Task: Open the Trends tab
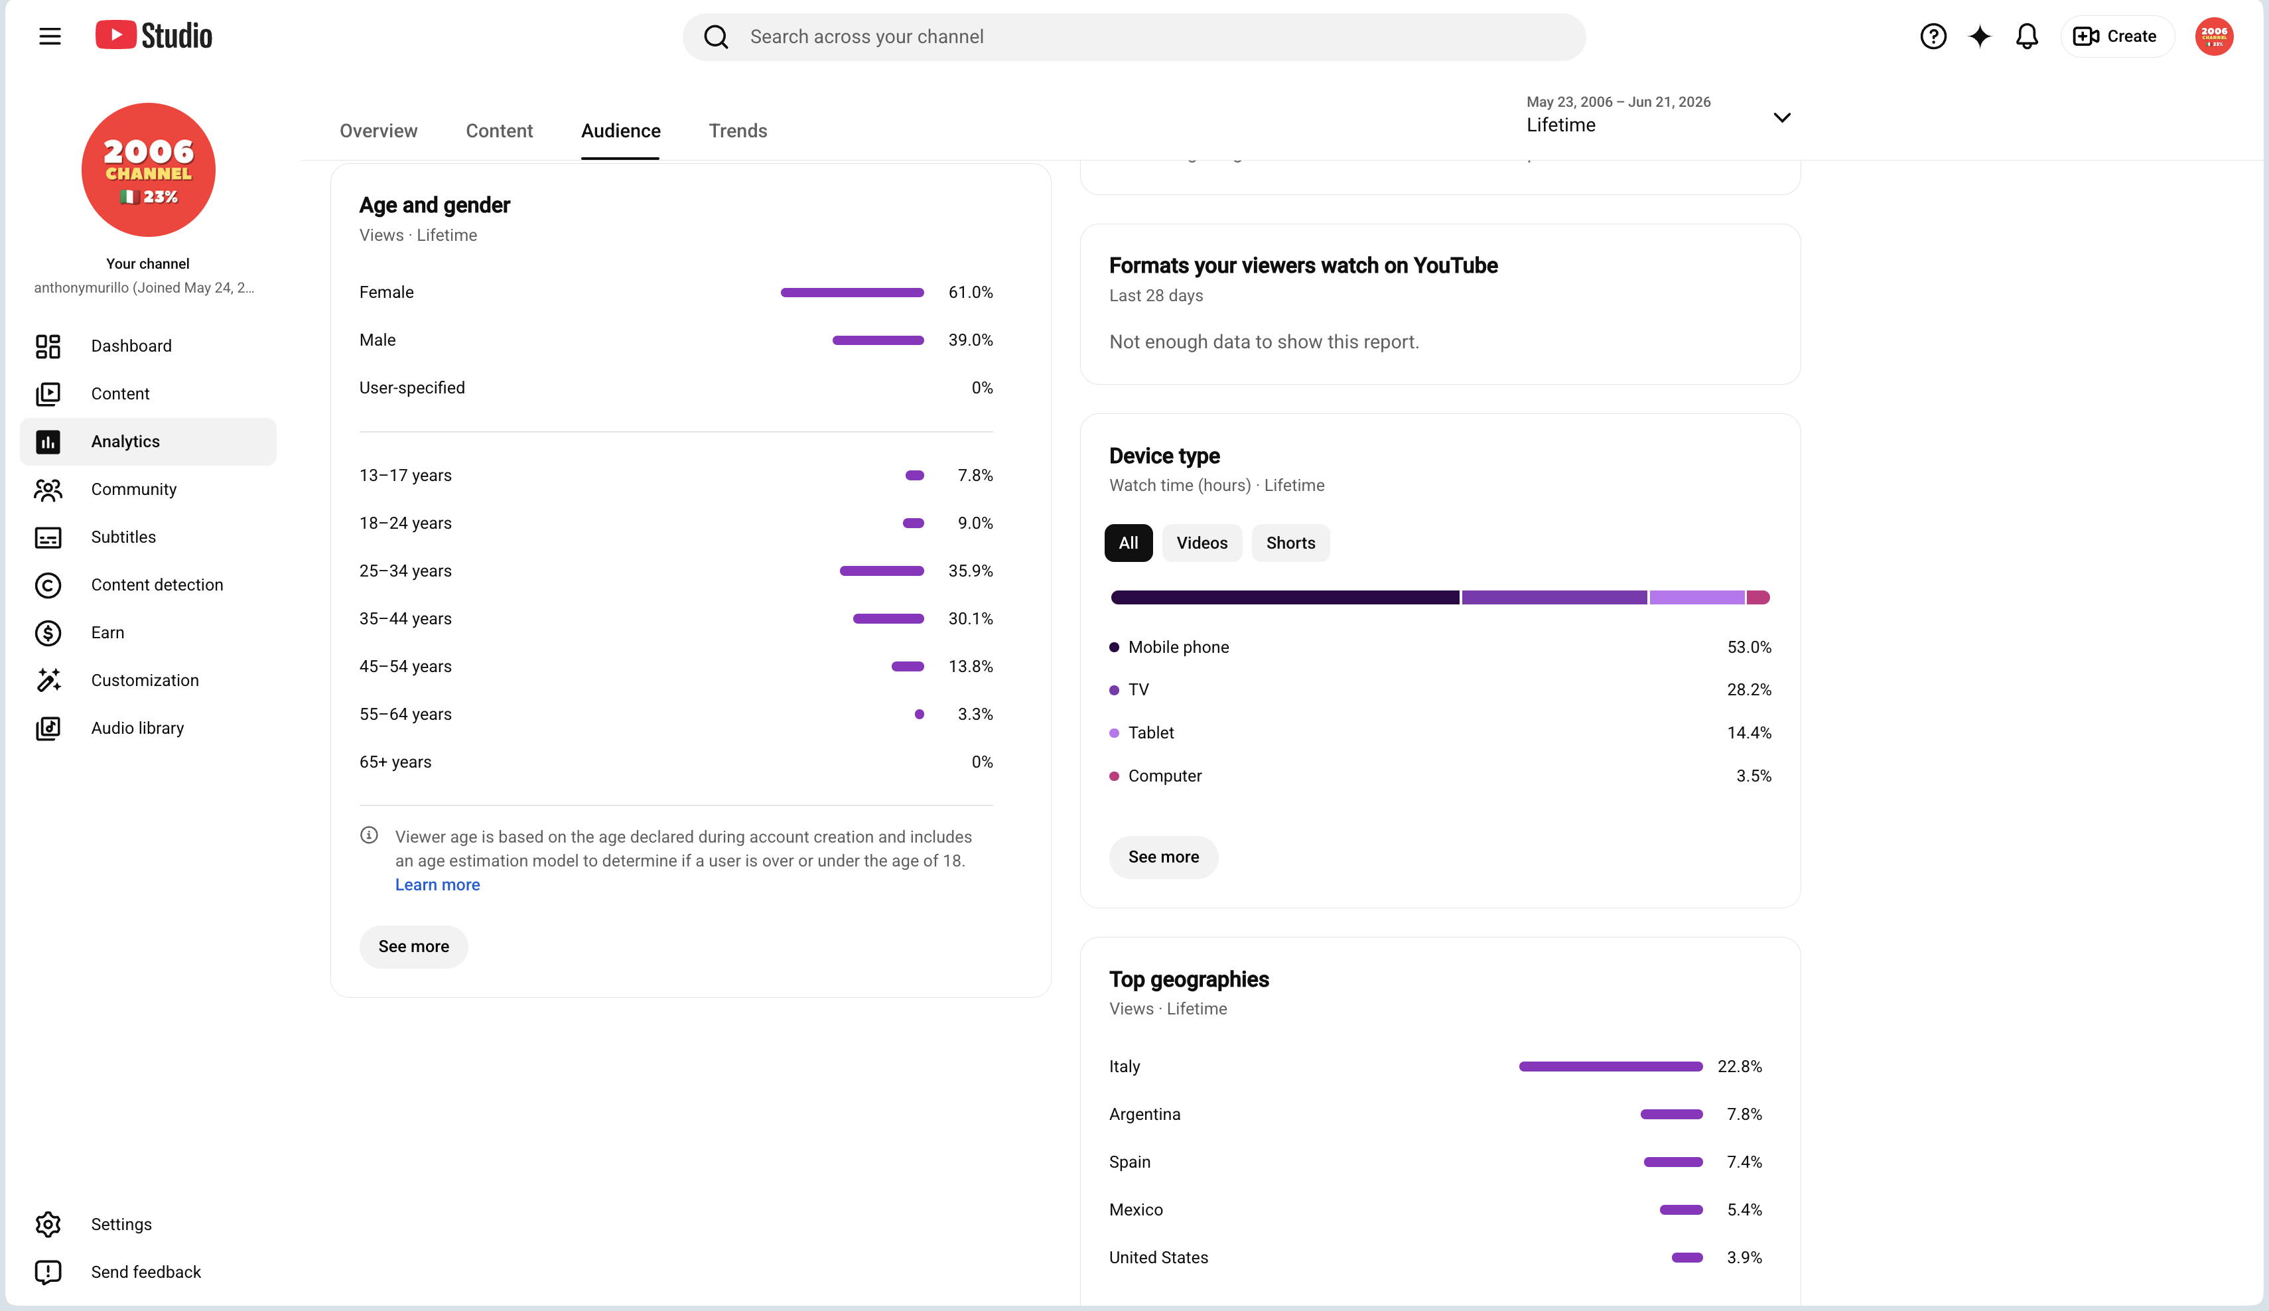pyautogui.click(x=738, y=131)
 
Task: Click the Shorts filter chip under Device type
pyautogui.click(x=1290, y=543)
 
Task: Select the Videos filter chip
pyautogui.click(x=1201, y=543)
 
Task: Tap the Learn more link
pyautogui.click(x=438, y=884)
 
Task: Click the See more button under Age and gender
pyautogui.click(x=413, y=946)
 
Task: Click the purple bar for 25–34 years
pyautogui.click(x=882, y=571)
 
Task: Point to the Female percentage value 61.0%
pyautogui.click(x=971, y=292)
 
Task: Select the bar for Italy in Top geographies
pyautogui.click(x=1611, y=1066)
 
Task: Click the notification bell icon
pyautogui.click(x=2027, y=36)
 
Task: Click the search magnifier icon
pyautogui.click(x=716, y=37)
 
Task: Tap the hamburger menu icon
pyautogui.click(x=50, y=36)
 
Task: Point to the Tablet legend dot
pyautogui.click(x=1115, y=733)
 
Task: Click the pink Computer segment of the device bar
pyautogui.click(x=1758, y=597)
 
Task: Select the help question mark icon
pyautogui.click(x=1933, y=36)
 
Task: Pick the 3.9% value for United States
pyautogui.click(x=1744, y=1257)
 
